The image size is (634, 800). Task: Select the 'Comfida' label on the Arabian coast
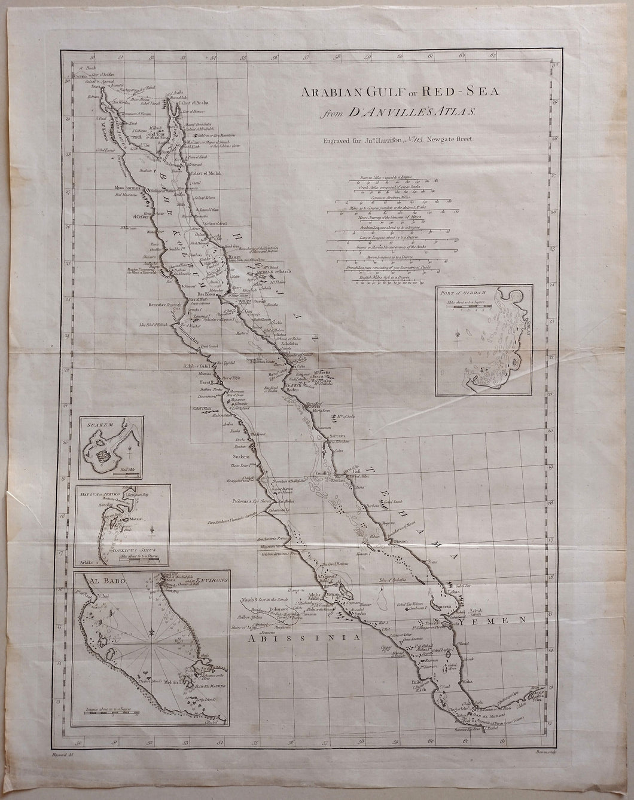pyautogui.click(x=323, y=474)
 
